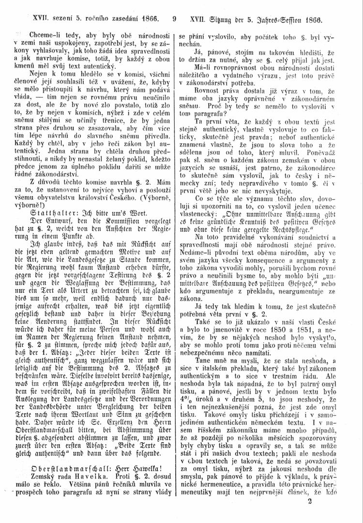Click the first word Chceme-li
pyautogui.click(x=45, y=36)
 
